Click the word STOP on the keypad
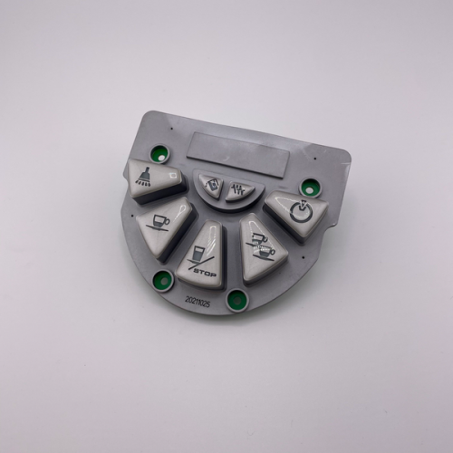pos(205,273)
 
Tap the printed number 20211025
pos(198,303)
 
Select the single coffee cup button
pos(163,226)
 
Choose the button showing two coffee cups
pos(263,248)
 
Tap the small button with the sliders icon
pos(240,190)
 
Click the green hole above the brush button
pos(160,154)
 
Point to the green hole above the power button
pos(309,188)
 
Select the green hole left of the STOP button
pos(163,280)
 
